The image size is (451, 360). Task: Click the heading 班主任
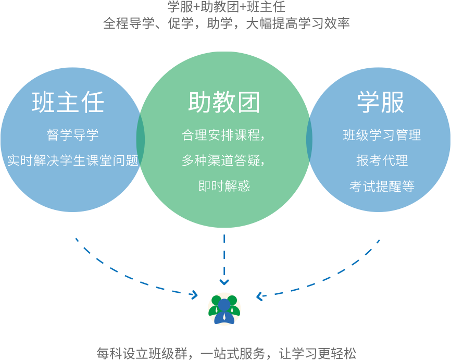pyautogui.click(x=68, y=102)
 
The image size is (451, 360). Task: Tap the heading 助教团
pyautogui.click(x=224, y=103)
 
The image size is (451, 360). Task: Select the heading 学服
pyautogui.click(x=381, y=102)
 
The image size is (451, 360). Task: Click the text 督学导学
pyautogui.click(x=72, y=135)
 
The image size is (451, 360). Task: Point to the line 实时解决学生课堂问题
pyautogui.click(x=72, y=160)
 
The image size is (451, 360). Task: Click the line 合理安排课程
pyautogui.click(x=223, y=135)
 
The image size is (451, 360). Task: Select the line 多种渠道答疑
pyautogui.click(x=223, y=160)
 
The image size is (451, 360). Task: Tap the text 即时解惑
pyautogui.click(x=224, y=186)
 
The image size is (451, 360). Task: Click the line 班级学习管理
pyautogui.click(x=382, y=135)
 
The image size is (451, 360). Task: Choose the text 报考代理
pyautogui.click(x=382, y=160)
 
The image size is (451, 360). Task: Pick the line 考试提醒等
pyautogui.click(x=382, y=186)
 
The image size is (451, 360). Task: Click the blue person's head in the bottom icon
pyautogui.click(x=224, y=304)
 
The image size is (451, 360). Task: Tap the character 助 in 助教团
pyautogui.click(x=199, y=103)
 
